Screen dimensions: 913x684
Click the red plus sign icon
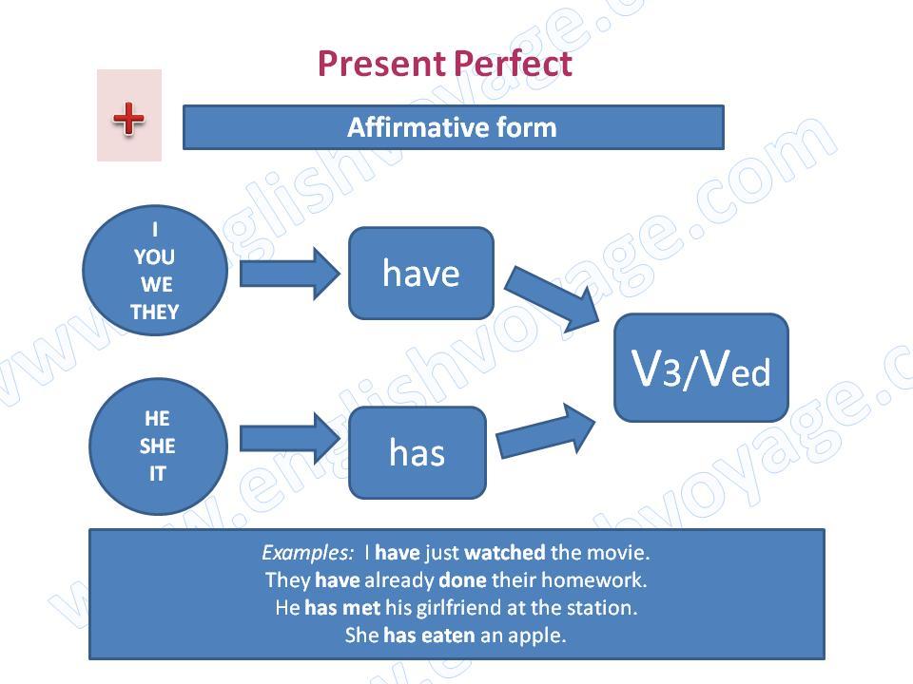tap(128, 119)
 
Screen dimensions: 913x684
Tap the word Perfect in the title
tap(513, 63)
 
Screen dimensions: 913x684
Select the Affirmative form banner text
tap(452, 127)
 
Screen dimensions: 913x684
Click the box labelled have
tap(421, 274)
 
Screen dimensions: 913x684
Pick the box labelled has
tap(417, 452)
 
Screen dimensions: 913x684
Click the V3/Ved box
tap(701, 368)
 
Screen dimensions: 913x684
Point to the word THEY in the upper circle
tap(154, 313)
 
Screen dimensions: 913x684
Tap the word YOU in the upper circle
tap(154, 256)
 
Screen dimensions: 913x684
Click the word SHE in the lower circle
tap(157, 446)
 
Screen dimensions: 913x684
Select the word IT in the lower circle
tap(157, 474)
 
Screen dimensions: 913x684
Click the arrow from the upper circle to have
tap(289, 274)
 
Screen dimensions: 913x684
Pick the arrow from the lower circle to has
tap(289, 438)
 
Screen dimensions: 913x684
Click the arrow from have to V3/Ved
tap(553, 299)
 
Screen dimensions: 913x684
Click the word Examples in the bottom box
tap(307, 553)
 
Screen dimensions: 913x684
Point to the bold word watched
tap(505, 552)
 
